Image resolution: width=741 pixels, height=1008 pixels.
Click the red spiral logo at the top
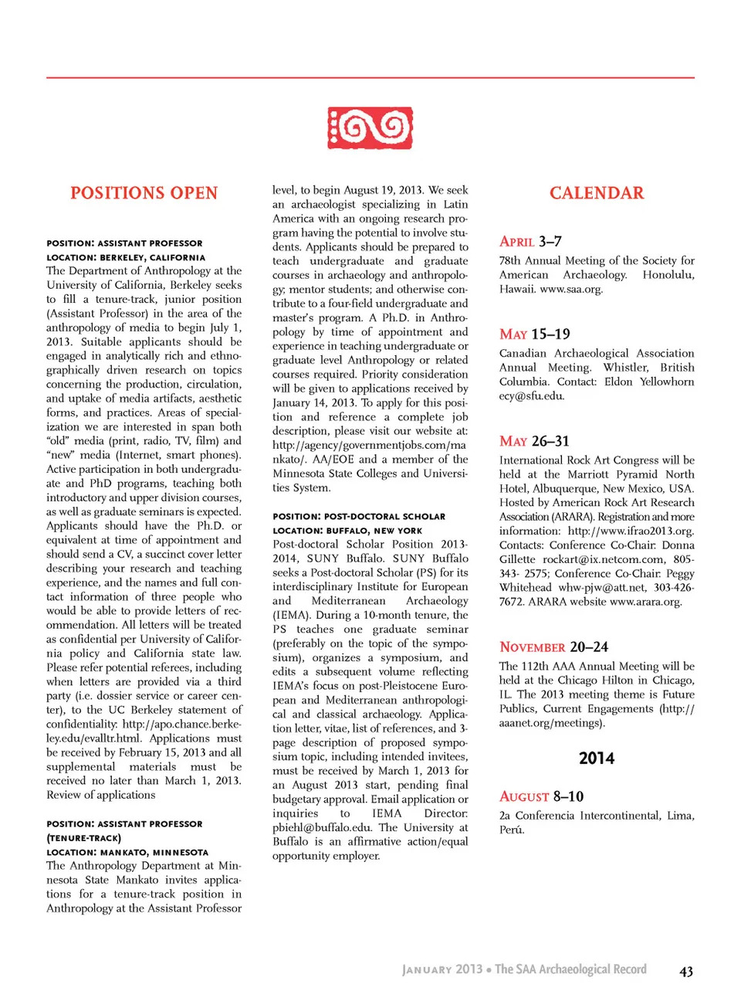coord(370,127)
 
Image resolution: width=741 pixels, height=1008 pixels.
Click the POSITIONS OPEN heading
coord(144,193)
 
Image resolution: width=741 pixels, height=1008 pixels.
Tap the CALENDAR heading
coord(597,193)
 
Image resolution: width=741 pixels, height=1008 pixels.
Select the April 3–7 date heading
coord(530,242)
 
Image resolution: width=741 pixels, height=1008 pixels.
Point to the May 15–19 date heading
coord(534,334)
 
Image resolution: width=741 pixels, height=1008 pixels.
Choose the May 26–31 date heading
coord(534,441)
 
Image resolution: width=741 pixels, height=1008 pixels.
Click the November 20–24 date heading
coord(553,647)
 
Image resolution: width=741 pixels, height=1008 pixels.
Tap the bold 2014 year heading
coord(597,759)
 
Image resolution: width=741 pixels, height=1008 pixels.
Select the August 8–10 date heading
coord(541,796)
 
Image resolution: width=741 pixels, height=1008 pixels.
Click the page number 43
coord(686,972)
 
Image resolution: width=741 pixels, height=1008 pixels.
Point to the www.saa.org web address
coord(571,289)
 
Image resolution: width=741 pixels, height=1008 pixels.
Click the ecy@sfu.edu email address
coord(532,396)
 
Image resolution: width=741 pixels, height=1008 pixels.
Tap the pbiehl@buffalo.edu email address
coord(322,827)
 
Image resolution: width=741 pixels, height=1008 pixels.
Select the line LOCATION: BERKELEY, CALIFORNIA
coord(126,258)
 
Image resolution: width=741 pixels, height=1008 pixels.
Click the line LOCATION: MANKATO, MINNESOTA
coord(127,853)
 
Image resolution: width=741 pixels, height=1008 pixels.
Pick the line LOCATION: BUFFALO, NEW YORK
coord(347,531)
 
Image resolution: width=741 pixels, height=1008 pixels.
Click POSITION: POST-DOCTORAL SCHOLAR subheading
coord(359,517)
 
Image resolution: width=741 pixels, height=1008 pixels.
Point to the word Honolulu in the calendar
coord(668,275)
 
